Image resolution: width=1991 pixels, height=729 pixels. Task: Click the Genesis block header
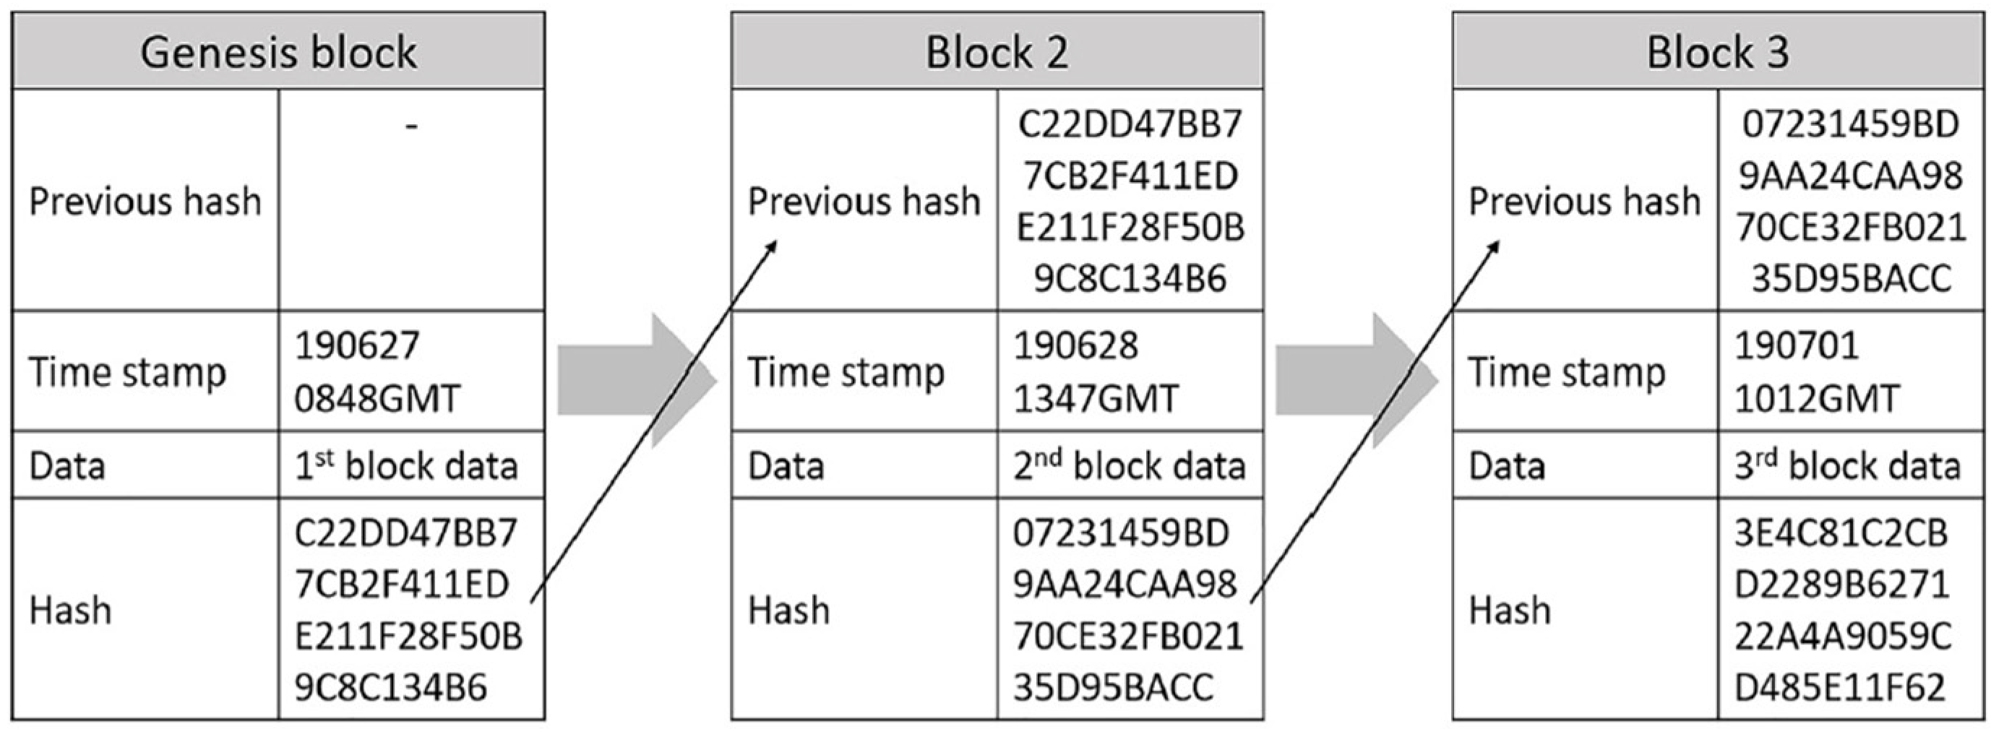278,53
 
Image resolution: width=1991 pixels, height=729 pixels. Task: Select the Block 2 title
997,53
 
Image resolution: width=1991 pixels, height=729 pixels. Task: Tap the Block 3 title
1717,53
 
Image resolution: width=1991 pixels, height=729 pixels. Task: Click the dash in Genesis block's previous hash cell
411,126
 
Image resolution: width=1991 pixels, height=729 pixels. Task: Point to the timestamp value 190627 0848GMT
377,372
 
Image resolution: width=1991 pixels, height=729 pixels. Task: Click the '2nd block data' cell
1130,466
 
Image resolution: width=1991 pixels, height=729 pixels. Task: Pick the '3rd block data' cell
1848,466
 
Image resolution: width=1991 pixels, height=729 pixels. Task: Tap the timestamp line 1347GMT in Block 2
1096,400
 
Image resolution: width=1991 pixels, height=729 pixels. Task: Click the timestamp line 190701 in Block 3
1796,345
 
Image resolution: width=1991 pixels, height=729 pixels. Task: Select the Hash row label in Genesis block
70,611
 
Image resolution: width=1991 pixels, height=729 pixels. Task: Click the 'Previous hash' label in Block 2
864,202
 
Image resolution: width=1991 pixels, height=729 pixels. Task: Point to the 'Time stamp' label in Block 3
1566,373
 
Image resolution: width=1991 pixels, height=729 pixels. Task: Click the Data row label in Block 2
786,466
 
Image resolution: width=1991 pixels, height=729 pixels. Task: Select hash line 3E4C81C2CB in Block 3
1840,533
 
